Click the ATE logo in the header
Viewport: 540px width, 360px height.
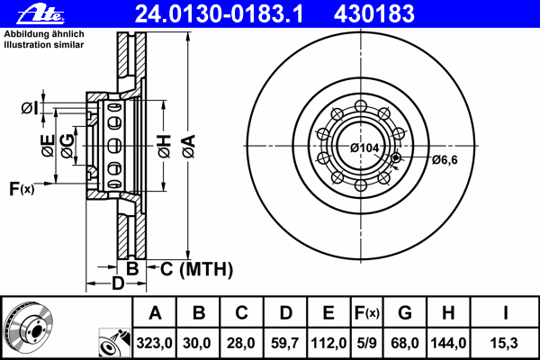click(x=40, y=14)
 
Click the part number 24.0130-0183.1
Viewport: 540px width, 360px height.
click(x=219, y=14)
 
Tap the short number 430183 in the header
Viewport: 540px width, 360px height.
click(x=374, y=14)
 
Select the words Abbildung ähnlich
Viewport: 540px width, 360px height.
click(x=44, y=34)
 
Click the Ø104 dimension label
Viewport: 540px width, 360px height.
click(x=364, y=148)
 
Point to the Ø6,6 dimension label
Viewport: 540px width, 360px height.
click(x=445, y=160)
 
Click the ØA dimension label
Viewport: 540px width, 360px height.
click(x=189, y=147)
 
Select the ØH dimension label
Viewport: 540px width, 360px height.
click(x=165, y=147)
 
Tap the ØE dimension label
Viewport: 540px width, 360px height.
click(x=49, y=146)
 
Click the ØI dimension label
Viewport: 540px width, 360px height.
click(x=30, y=108)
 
